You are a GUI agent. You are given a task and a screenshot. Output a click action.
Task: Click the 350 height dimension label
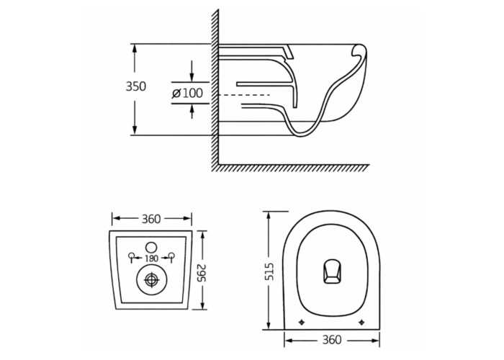pos(135,86)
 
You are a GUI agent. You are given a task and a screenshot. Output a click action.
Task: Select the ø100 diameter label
pos(188,93)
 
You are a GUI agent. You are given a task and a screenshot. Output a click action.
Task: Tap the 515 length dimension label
pos(271,271)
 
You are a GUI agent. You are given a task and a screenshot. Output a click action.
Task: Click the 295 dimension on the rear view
pos(202,273)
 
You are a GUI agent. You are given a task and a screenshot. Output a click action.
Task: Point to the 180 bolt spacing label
pos(151,258)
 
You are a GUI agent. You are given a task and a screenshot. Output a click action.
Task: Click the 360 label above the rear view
pos(150,219)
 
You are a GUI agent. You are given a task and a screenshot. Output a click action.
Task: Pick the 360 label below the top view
pos(331,340)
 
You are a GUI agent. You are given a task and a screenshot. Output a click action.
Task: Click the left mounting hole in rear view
pos(132,256)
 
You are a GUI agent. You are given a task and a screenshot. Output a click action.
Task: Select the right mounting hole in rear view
pos(172,256)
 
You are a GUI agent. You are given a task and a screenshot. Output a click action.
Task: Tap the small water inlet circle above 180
pos(151,247)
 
